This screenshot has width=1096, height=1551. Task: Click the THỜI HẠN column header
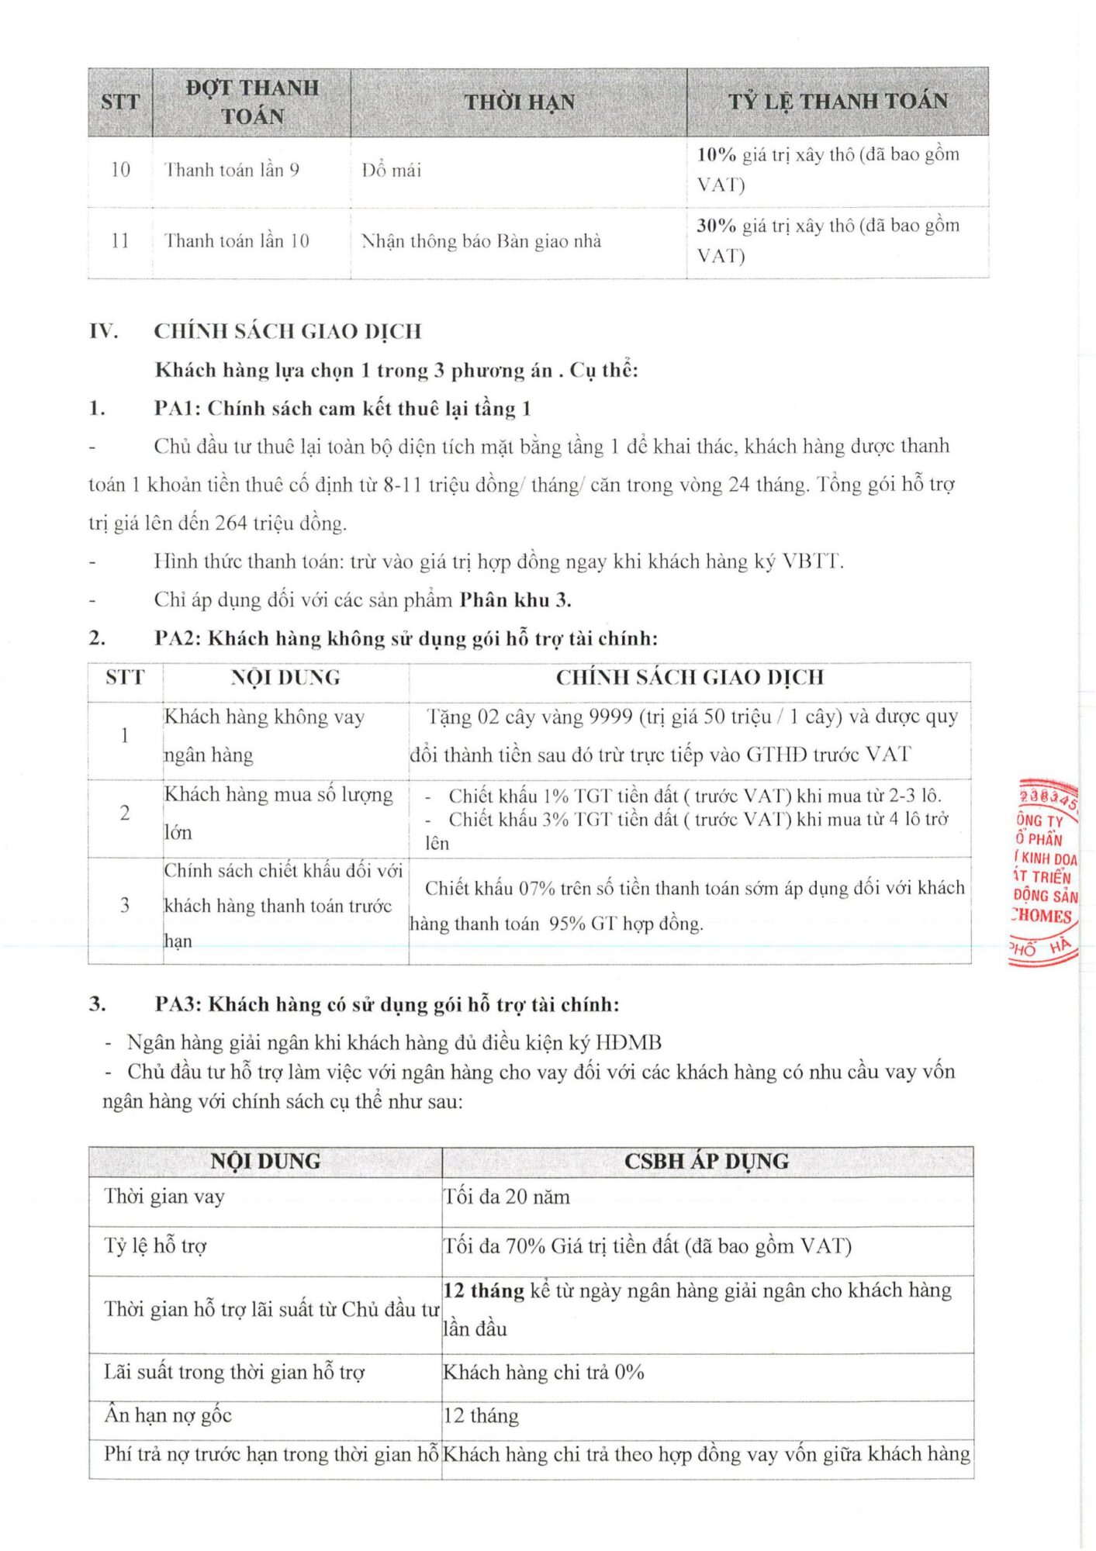(519, 102)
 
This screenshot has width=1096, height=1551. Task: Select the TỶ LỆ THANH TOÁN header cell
(838, 102)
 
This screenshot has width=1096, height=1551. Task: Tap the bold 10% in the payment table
(716, 155)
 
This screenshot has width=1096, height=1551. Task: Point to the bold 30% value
(716, 226)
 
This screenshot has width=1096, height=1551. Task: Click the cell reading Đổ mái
(392, 171)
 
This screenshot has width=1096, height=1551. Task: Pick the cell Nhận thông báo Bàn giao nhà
(481, 241)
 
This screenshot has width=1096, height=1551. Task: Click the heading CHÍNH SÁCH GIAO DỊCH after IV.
(288, 332)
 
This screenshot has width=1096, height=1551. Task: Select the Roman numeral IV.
(103, 332)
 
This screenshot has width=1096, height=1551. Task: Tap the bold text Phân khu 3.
(515, 600)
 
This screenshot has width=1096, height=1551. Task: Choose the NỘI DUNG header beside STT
(285, 678)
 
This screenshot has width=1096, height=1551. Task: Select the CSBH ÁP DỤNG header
(707, 1161)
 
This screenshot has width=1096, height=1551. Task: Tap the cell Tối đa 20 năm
(507, 1197)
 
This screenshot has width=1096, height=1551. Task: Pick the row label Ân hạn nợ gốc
(168, 1415)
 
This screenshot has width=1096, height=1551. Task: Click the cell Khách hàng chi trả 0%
(544, 1372)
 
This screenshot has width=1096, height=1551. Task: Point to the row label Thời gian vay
(164, 1197)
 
